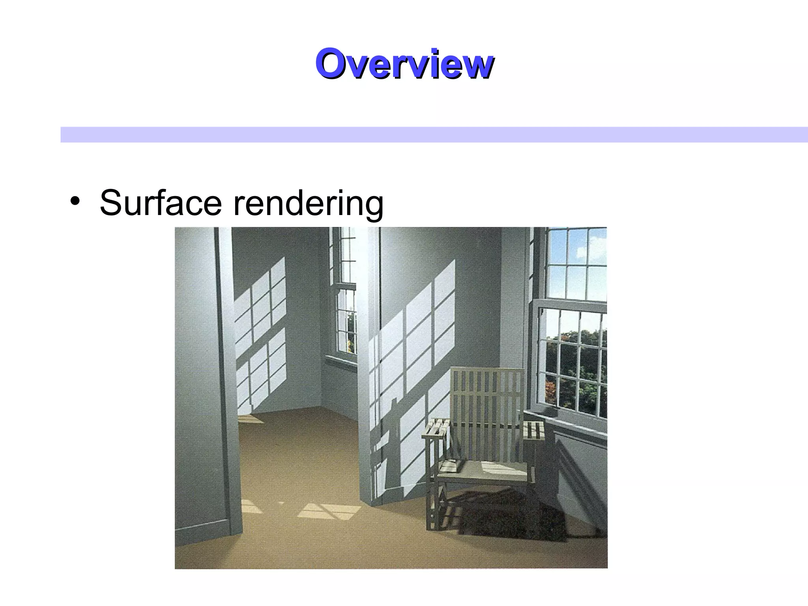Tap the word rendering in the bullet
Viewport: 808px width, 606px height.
[308, 204]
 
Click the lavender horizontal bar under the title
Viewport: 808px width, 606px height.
[434, 135]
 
